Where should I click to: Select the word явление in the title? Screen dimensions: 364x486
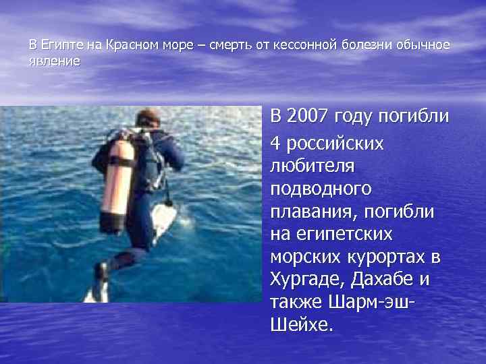click(x=55, y=61)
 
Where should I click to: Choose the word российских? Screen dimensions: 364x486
click(x=335, y=143)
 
